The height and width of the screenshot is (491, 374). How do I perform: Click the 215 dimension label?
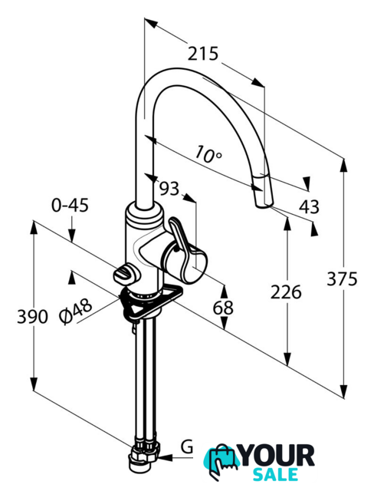[202, 54]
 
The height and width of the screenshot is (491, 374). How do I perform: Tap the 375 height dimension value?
[342, 278]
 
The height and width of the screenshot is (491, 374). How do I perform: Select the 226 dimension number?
[286, 292]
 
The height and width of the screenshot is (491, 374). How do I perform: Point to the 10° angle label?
[208, 154]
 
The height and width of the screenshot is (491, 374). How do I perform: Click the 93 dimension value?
[169, 188]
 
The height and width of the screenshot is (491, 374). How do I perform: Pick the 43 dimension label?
[310, 206]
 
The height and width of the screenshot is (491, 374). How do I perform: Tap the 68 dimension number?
[223, 308]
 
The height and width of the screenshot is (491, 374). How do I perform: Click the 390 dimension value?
[32, 316]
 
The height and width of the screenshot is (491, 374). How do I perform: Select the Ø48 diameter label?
[76, 311]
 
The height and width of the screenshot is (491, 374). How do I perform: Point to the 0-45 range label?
[70, 205]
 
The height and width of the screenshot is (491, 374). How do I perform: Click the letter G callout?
[187, 447]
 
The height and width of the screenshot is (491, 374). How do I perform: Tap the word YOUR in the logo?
[277, 456]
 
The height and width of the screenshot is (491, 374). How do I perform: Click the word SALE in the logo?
[275, 474]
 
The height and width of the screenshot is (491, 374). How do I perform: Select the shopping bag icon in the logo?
[221, 463]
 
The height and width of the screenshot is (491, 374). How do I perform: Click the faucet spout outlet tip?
[264, 205]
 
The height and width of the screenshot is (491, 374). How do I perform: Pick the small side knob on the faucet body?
[124, 275]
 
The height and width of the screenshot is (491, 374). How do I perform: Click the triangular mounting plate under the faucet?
[149, 304]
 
